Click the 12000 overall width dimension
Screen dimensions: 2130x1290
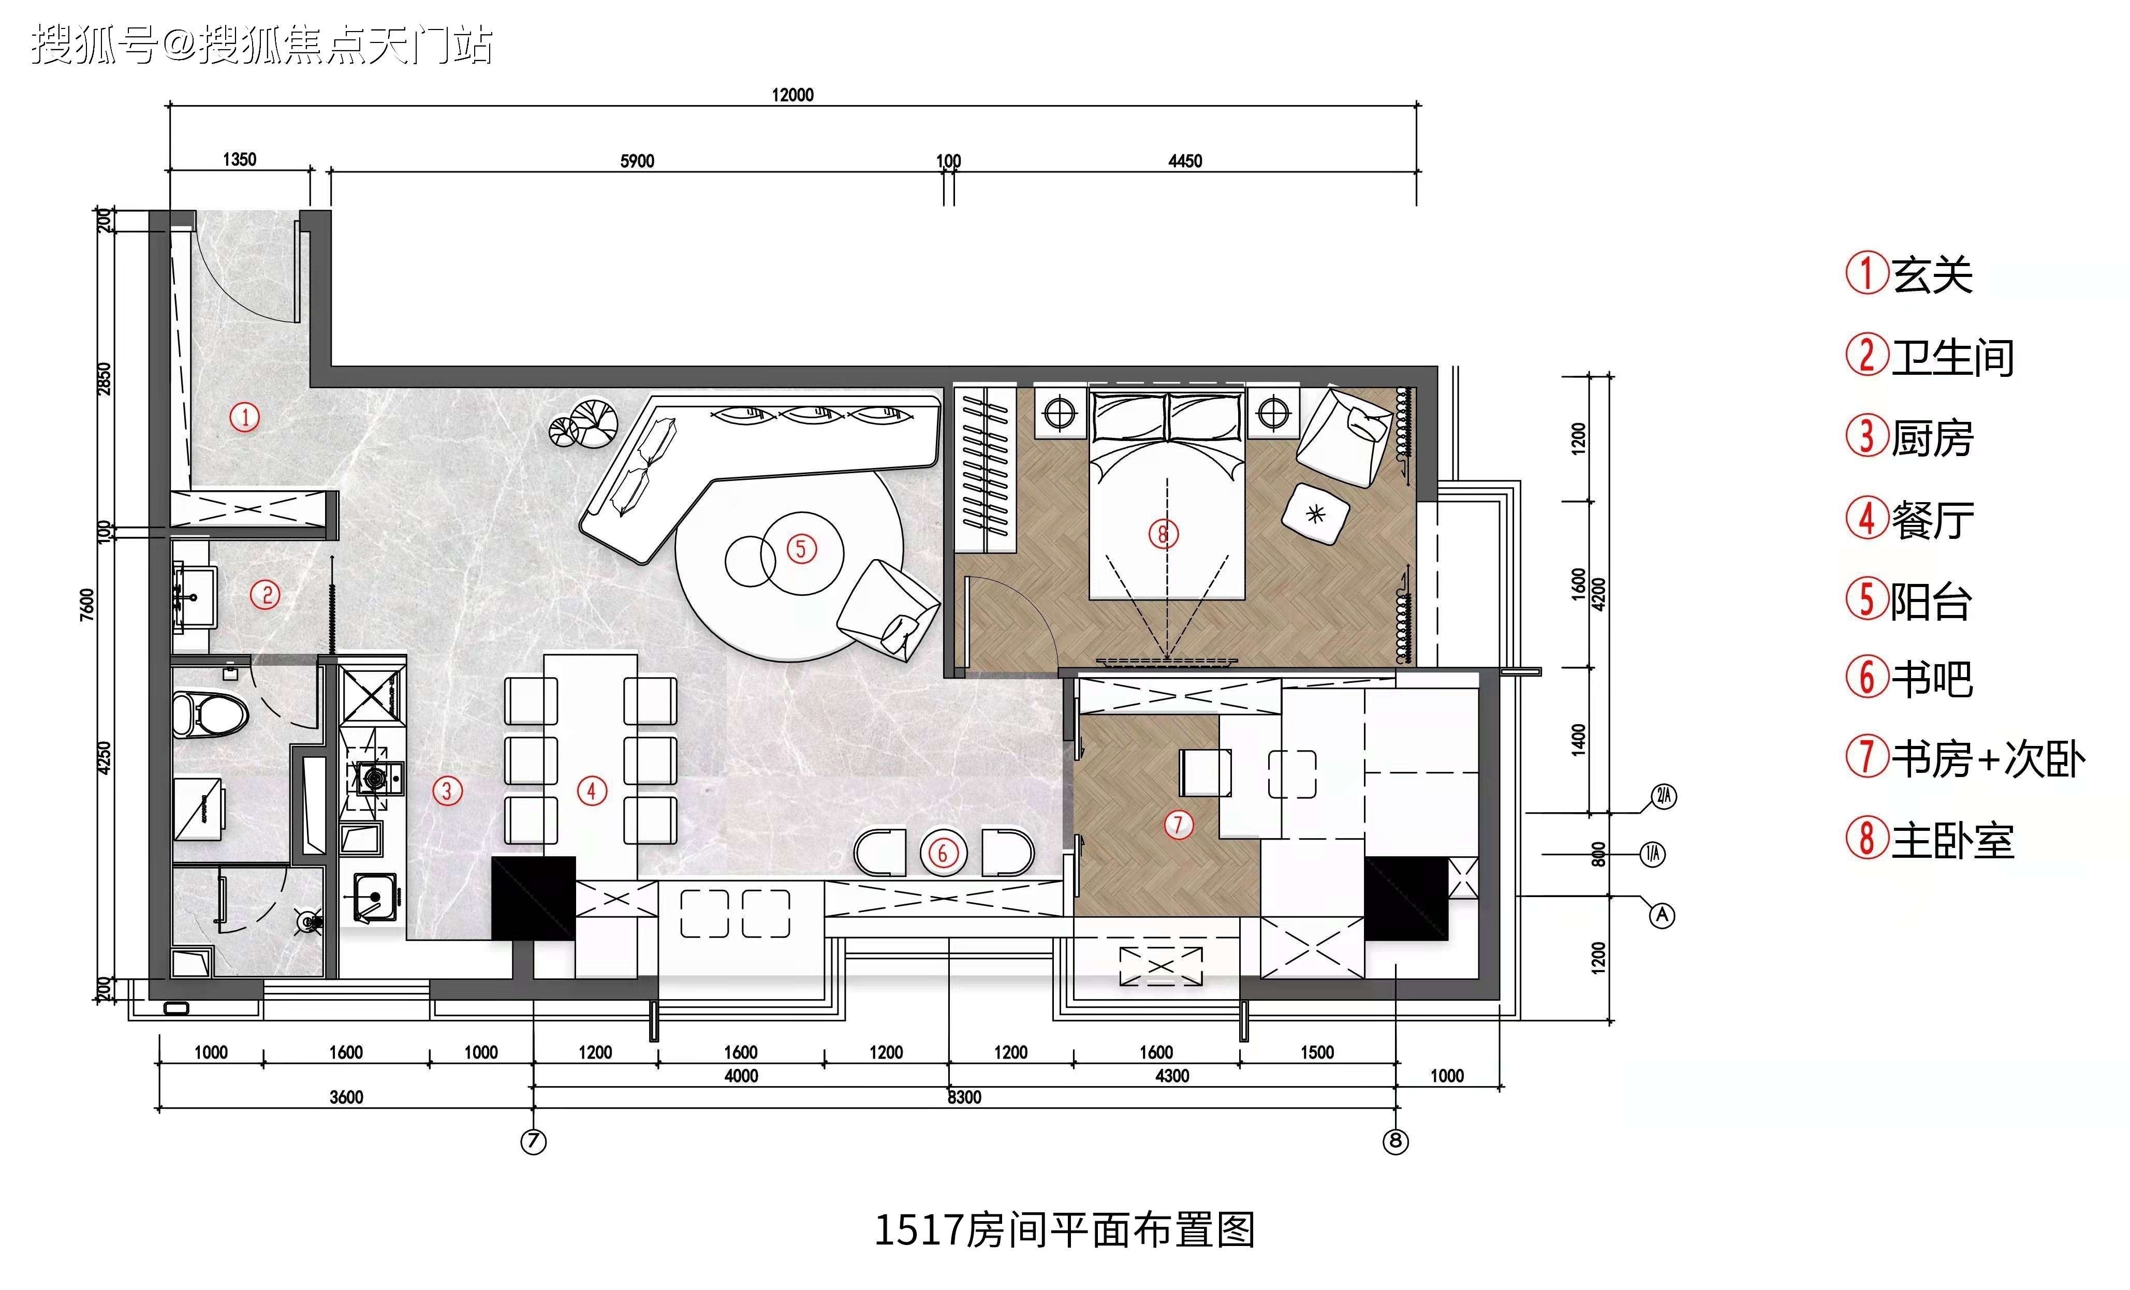click(x=792, y=94)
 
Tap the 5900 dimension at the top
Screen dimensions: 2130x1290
click(x=637, y=161)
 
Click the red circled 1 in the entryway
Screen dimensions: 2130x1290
click(x=245, y=418)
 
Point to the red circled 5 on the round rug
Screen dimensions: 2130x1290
click(x=801, y=548)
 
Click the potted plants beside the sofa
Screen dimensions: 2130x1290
click(x=583, y=423)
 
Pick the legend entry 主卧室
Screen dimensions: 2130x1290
click(x=1930, y=839)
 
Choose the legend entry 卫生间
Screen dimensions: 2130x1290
click(x=1930, y=356)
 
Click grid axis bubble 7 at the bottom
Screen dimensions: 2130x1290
click(x=533, y=1141)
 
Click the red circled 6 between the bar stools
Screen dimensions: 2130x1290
click(x=943, y=854)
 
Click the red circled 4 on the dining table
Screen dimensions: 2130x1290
click(x=592, y=790)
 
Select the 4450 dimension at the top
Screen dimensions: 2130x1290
click(x=1185, y=161)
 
